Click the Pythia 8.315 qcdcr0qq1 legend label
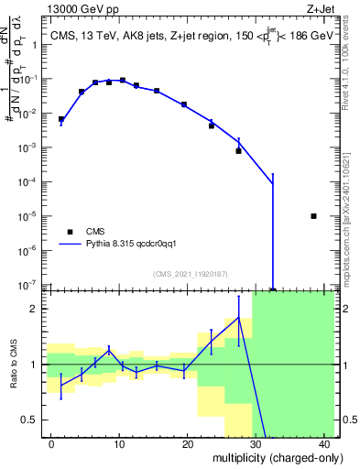pos(137,245)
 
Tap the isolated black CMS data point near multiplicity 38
pos(313,216)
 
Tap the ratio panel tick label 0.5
pos(30,420)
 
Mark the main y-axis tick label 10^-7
pos(28,285)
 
